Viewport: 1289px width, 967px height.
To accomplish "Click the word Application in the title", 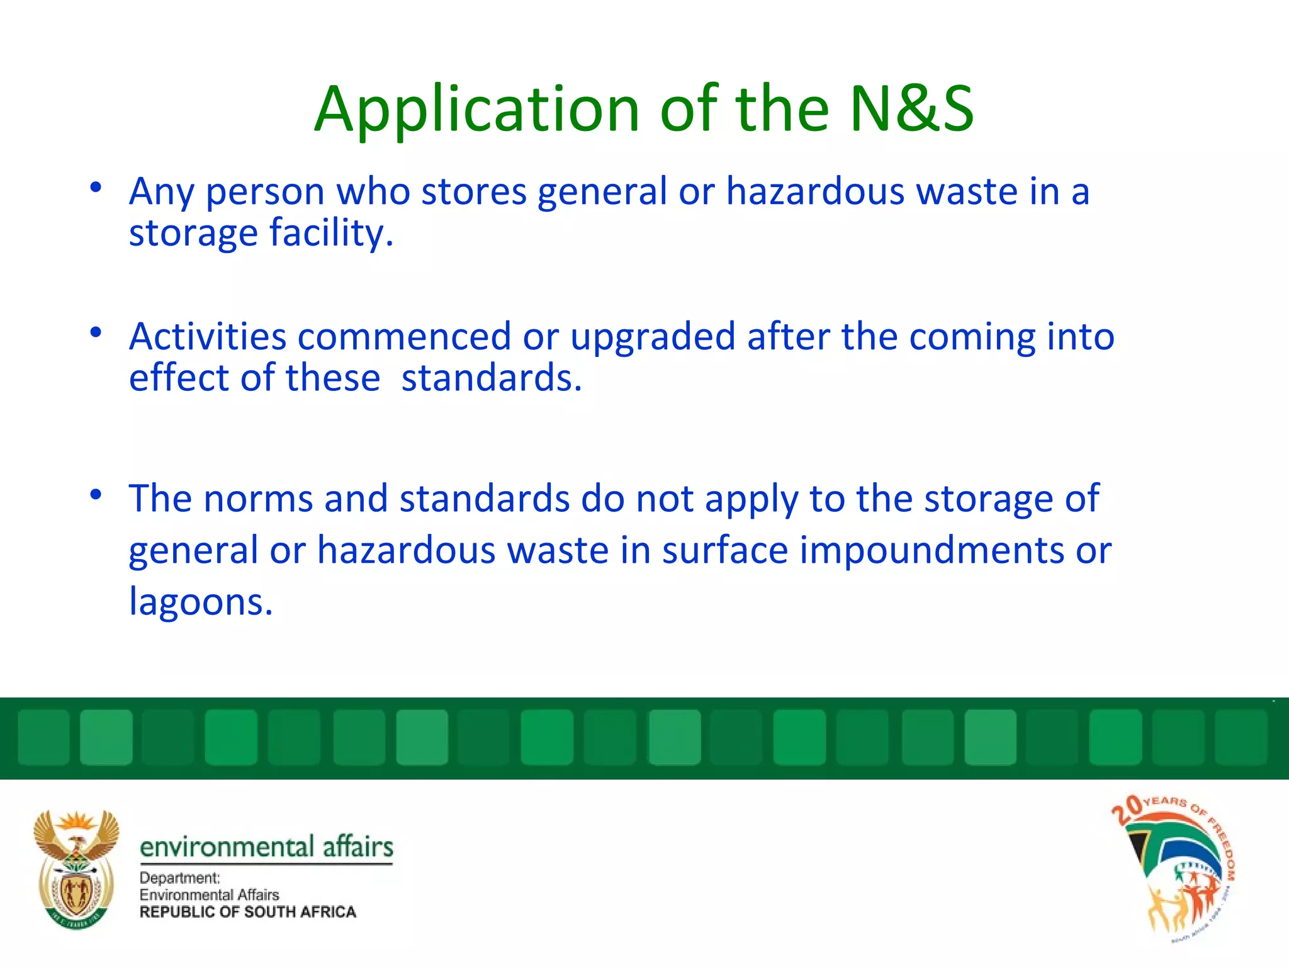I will (x=476, y=110).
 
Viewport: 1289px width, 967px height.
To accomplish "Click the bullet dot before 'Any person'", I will (x=96, y=187).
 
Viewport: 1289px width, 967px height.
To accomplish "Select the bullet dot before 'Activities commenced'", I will (x=96, y=332).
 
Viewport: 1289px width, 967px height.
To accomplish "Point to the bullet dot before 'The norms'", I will (x=96, y=495).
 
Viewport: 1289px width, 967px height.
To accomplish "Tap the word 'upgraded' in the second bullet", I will (x=653, y=337).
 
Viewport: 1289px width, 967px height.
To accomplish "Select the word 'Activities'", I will (x=208, y=336).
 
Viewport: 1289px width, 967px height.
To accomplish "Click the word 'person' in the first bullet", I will (x=265, y=192).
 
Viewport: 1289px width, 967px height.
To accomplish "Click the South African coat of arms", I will (x=76, y=869).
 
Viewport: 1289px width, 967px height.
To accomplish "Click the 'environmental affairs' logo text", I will (x=266, y=847).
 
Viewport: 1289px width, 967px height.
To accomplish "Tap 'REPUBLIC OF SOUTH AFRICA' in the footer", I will (x=247, y=912).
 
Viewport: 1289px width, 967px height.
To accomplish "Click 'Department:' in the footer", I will (x=180, y=878).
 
